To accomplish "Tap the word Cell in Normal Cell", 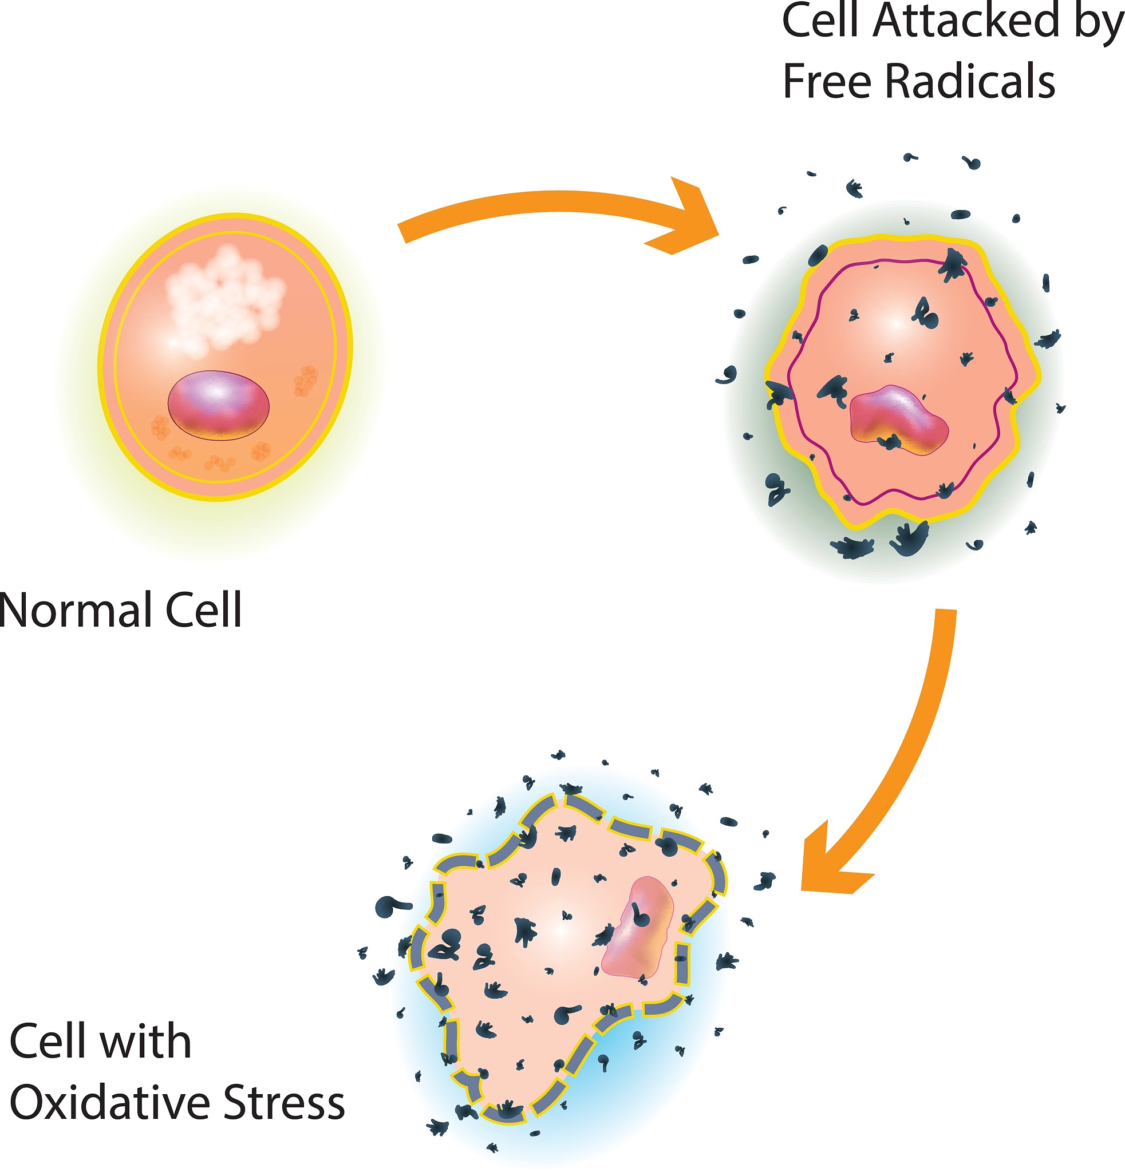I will tap(203, 610).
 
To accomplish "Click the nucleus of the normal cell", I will tap(218, 405).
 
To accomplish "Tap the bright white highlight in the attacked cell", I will tap(895, 323).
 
